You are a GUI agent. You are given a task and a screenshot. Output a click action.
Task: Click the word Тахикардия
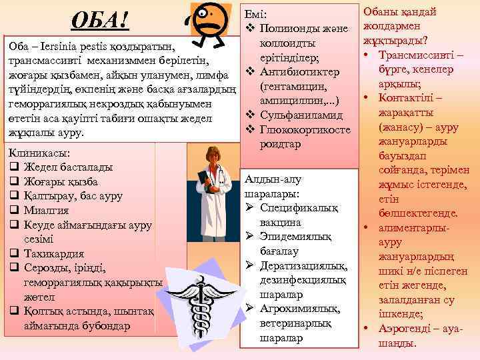[x=53, y=253]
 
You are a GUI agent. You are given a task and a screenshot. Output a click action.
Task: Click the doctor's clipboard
[x=202, y=183]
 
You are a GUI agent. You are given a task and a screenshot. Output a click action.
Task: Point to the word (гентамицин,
[x=293, y=86]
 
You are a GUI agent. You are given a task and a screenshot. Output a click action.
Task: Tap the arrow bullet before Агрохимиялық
[x=249, y=309]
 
